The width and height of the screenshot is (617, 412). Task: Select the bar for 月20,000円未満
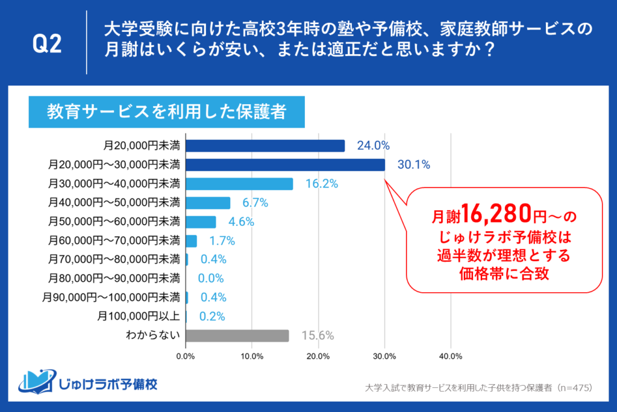click(265, 146)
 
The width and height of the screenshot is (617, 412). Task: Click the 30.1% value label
click(413, 164)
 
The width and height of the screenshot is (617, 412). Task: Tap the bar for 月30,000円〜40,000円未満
click(239, 184)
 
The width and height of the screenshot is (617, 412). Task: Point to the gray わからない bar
click(237, 336)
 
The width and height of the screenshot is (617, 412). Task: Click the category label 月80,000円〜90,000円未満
click(113, 278)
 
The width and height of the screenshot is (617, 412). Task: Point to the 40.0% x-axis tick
click(451, 355)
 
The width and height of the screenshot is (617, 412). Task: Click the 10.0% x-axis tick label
click(252, 355)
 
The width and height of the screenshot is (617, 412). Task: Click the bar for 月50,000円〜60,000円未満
click(201, 222)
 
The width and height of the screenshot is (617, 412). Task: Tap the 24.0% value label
click(373, 146)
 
